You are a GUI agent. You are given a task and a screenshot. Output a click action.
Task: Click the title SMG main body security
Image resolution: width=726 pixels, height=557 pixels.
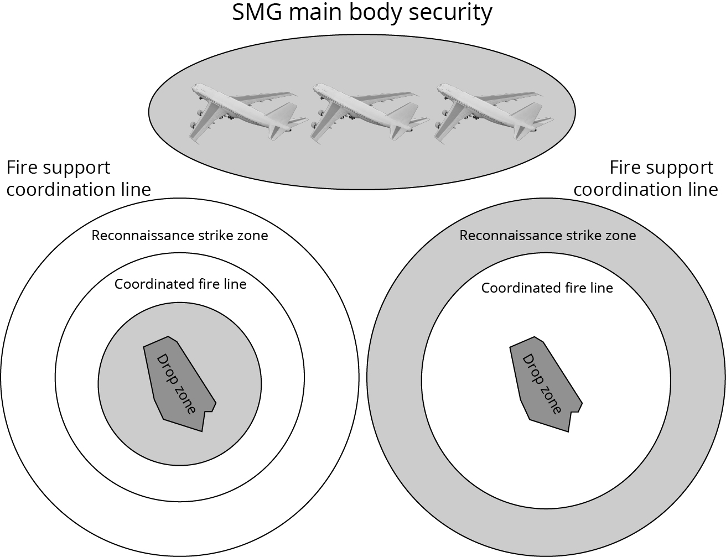(362, 12)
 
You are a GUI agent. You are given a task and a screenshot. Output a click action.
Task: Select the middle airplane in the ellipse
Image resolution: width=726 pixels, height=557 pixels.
(366, 113)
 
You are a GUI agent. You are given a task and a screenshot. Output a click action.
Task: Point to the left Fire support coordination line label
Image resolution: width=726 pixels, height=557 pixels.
(78, 178)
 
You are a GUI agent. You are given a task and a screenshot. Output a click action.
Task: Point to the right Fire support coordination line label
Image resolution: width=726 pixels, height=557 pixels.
(646, 178)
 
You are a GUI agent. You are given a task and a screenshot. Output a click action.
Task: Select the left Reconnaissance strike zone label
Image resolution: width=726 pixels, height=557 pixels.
(180, 236)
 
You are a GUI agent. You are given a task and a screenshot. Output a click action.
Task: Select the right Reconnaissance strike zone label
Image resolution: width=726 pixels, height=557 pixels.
(548, 236)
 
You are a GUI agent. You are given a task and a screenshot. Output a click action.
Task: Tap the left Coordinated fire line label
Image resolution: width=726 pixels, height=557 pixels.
(180, 284)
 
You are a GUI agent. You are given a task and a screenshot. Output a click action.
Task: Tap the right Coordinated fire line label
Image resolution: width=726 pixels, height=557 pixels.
(547, 288)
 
